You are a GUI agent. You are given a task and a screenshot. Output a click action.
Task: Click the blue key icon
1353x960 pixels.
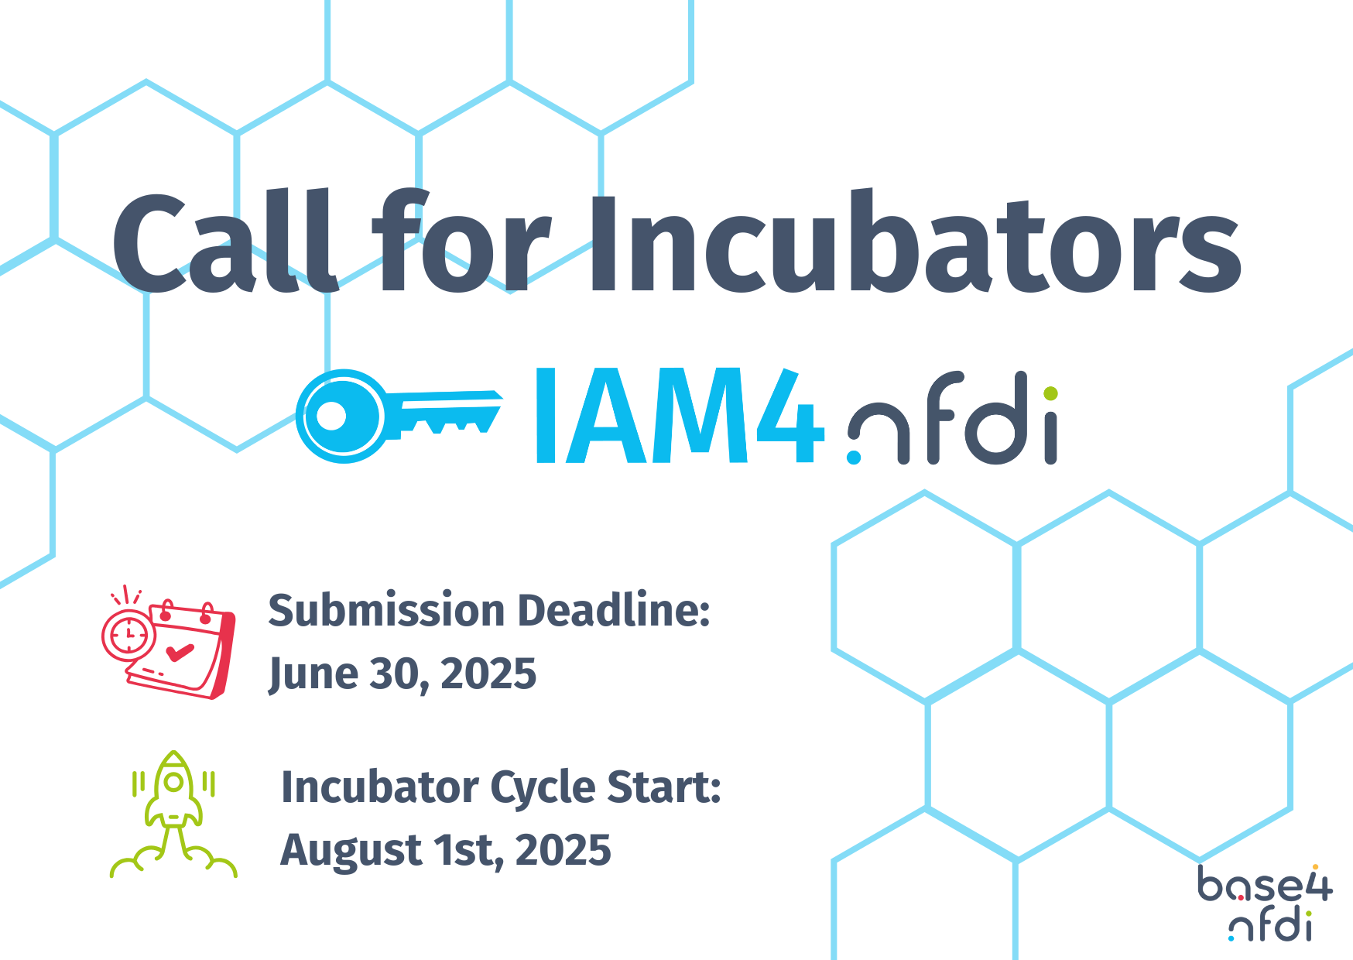(399, 416)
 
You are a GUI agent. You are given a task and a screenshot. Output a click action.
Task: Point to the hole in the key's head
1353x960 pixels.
(331, 417)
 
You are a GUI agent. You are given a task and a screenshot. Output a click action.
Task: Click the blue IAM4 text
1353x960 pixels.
(680, 416)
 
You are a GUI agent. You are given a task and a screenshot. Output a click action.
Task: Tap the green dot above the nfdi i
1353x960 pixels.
(1050, 393)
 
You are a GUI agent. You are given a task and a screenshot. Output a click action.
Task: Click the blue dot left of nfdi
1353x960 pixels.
(854, 457)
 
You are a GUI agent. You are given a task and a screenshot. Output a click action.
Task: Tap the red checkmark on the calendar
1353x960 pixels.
(180, 653)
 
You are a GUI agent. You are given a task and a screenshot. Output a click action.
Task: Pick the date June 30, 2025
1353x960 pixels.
(402, 674)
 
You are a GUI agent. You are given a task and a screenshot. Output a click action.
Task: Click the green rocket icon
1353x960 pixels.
(173, 814)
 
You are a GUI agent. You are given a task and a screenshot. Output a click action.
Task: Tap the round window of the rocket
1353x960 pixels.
(174, 782)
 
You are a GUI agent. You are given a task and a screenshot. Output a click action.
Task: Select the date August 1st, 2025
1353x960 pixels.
(446, 850)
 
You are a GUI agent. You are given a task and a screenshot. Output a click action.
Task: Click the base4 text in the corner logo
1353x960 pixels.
(1265, 884)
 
